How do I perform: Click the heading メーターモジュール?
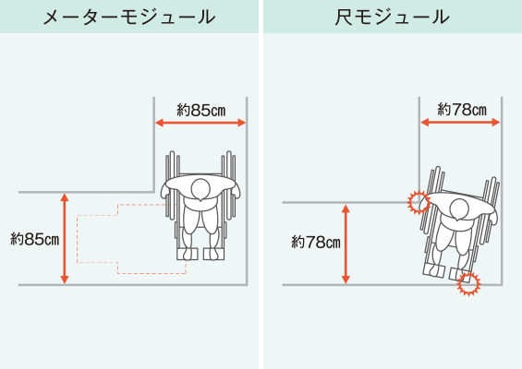tap(129, 17)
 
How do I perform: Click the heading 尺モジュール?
tap(392, 17)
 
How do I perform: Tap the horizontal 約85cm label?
tap(201, 110)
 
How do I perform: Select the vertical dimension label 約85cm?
tap(34, 239)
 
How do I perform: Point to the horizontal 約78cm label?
tap(462, 110)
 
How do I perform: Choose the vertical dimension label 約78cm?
tap(316, 242)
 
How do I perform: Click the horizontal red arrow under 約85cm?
tap(200, 123)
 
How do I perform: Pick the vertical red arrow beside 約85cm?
tap(65, 239)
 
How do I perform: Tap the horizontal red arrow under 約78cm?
tap(460, 123)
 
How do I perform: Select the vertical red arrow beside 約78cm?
tap(346, 244)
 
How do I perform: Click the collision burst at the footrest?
tap(468, 283)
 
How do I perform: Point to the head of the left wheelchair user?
tap(200, 189)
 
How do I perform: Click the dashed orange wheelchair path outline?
tap(78, 239)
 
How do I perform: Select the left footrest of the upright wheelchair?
tap(188, 254)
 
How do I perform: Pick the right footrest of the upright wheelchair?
tap(213, 254)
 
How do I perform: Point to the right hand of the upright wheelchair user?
tap(235, 190)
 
